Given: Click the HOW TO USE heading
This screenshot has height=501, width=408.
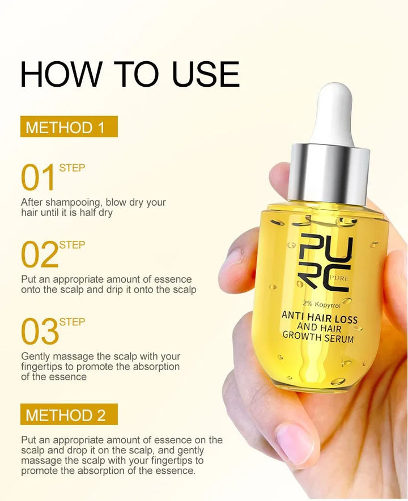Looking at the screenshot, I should (x=130, y=74).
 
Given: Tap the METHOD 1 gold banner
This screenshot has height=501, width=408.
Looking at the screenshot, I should (x=69, y=127).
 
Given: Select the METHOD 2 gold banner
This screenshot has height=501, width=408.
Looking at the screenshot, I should (x=69, y=415).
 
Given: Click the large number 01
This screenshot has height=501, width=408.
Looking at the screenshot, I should (x=39, y=178).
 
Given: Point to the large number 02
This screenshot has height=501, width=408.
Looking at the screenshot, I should (x=39, y=255).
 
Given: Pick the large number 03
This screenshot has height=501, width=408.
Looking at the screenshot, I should (x=39, y=332).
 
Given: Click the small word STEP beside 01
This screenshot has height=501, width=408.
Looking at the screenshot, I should (x=72, y=168).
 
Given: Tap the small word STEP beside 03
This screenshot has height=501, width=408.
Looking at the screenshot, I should (x=72, y=322).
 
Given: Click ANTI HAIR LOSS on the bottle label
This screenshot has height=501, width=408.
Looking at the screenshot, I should (x=320, y=318).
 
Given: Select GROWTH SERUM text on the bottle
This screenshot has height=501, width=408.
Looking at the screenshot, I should (x=318, y=338).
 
